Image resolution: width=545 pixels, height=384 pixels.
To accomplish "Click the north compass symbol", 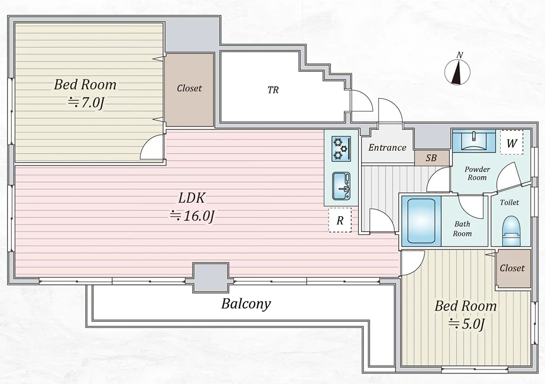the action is point(458,71).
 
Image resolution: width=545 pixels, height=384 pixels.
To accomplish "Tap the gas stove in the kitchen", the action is point(341,149).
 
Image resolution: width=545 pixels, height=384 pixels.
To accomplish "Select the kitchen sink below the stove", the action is point(341,186).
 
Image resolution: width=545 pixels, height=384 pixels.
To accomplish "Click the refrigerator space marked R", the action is point(340,220).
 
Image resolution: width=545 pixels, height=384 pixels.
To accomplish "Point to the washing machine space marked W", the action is point(511,142).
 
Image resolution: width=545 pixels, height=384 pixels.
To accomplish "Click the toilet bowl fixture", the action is point(511,231).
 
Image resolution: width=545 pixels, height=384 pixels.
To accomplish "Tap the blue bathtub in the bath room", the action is point(421,221).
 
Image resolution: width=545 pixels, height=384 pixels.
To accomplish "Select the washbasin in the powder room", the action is point(473,140).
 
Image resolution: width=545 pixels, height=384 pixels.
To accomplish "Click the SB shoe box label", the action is point(431,158).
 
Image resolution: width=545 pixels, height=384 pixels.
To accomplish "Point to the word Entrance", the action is point(387,147).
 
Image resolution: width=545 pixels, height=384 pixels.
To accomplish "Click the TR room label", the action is point(273,90).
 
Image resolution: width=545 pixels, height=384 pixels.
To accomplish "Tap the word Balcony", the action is point(246,304).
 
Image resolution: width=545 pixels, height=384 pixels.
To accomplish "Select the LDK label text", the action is point(192,198).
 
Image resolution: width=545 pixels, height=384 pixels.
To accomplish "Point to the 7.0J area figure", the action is point(85,103).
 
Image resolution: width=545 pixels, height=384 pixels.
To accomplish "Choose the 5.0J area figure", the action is point(466,324).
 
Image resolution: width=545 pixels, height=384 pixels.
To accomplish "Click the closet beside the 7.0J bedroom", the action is point(189,90).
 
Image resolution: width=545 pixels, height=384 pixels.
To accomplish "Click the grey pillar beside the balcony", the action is point(211,277).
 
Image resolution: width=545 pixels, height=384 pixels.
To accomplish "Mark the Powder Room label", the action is point(477,173).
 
